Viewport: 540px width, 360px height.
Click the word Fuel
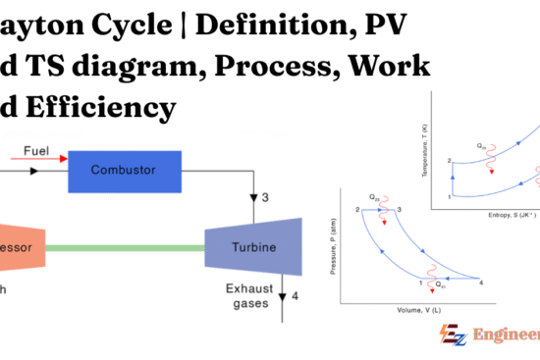pos(37,152)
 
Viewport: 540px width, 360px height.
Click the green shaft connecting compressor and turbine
pos(128,247)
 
